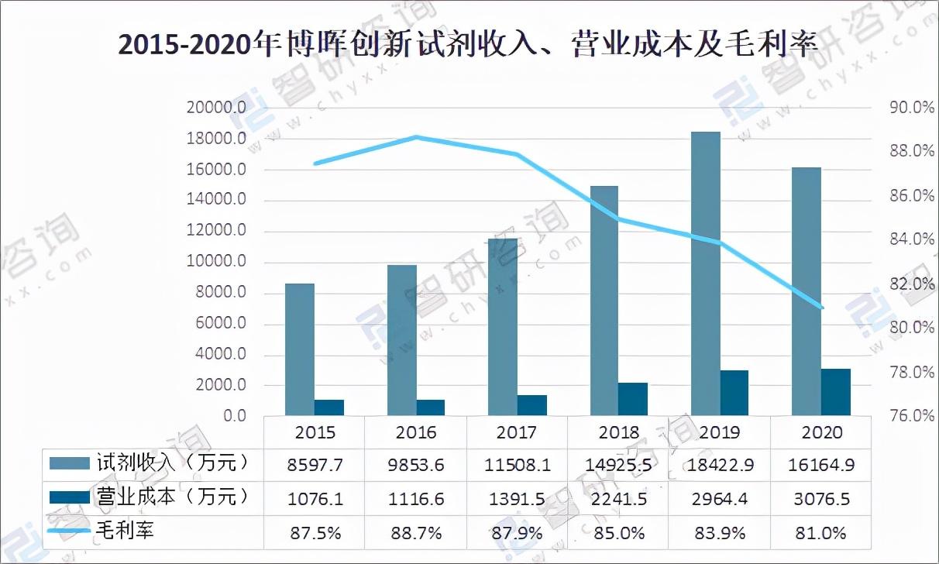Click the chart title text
[x=468, y=44]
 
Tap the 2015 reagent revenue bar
[x=300, y=349]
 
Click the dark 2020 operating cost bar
[x=836, y=392]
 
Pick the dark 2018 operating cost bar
[x=632, y=399]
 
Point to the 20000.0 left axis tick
[x=216, y=108]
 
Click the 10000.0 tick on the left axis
[x=216, y=262]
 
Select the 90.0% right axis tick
[x=912, y=108]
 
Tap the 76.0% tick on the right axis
[x=912, y=416]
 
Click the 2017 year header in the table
[x=517, y=432]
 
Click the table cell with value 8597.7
[x=315, y=466]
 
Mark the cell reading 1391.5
[x=517, y=499]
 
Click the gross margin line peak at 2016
[x=416, y=137]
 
